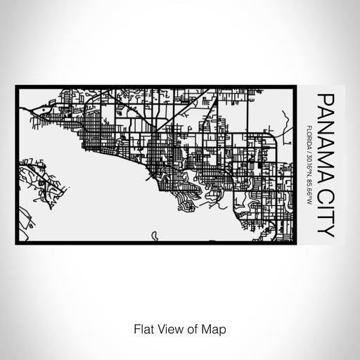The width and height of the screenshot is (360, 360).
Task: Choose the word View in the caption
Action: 166,327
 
